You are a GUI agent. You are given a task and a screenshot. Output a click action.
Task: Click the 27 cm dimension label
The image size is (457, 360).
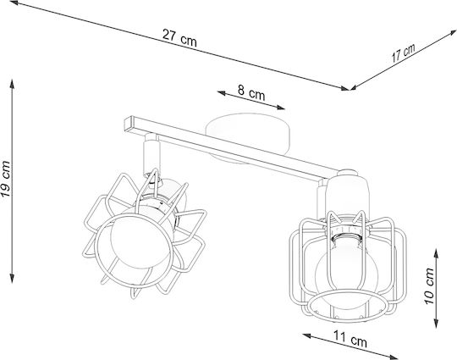(179, 38)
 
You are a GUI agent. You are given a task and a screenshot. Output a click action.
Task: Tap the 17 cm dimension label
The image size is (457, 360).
(403, 53)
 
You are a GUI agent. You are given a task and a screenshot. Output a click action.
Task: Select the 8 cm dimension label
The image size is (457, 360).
(251, 92)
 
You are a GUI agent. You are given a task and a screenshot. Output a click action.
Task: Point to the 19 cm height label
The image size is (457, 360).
(6, 179)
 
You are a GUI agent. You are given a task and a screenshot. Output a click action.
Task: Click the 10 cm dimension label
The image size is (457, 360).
(429, 286)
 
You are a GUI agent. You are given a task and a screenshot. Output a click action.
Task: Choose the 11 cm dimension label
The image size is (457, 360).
(350, 340)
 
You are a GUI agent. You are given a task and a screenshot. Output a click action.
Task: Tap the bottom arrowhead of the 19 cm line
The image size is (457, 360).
(12, 279)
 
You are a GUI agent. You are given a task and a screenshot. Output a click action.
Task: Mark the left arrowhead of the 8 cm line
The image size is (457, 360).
(222, 93)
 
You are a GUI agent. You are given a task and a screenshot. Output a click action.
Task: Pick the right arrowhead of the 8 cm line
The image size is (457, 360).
(280, 108)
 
